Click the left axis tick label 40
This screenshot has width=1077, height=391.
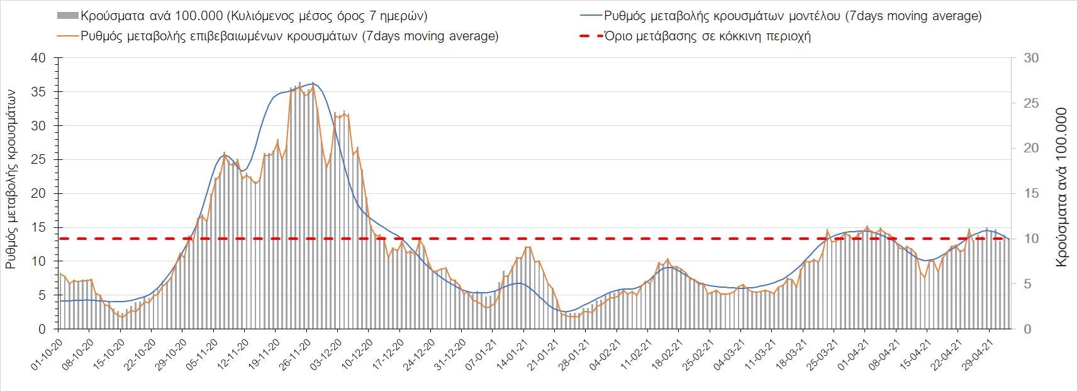39,58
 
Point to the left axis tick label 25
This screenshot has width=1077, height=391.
39,160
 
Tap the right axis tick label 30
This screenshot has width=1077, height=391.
1030,58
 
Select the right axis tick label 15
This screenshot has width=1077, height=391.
1030,194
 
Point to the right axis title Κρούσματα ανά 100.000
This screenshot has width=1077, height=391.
1061,188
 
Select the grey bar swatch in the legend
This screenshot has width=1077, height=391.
68,16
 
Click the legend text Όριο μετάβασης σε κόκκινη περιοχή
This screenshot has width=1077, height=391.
707,36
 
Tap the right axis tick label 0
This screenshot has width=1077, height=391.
1026,329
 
